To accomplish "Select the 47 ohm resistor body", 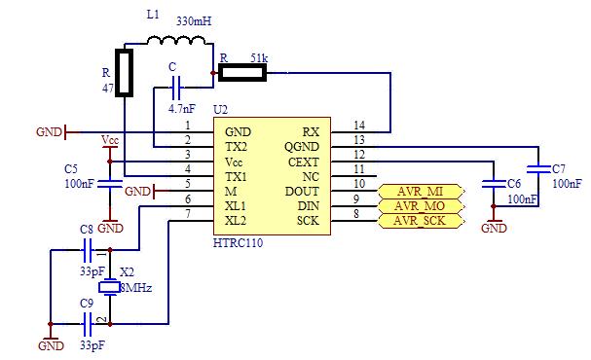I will [x=125, y=74].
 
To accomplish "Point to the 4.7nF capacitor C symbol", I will [x=175, y=90].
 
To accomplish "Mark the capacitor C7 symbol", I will [x=536, y=166].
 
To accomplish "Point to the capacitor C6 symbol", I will [x=494, y=183].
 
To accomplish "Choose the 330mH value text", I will [x=194, y=18].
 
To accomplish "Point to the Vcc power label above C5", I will [x=110, y=141].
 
